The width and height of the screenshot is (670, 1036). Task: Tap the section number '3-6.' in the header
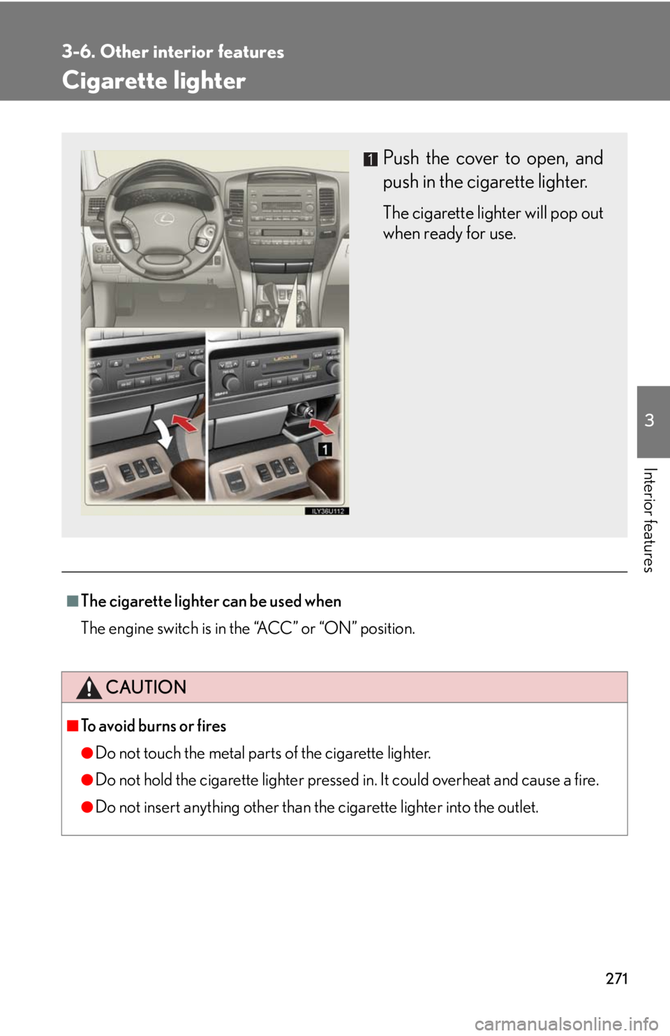[x=78, y=52]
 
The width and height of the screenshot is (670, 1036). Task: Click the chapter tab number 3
[x=649, y=420]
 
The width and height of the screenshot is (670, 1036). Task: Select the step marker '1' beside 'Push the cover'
[x=370, y=159]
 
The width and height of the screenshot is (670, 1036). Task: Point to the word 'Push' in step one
[x=401, y=158]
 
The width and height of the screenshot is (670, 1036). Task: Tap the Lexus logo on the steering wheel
[x=164, y=219]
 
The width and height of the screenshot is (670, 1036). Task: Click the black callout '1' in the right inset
[x=325, y=449]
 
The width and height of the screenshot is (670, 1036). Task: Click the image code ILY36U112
[x=327, y=511]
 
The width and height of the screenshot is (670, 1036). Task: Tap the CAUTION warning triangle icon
[x=89, y=688]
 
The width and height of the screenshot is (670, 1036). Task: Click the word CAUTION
[x=146, y=688]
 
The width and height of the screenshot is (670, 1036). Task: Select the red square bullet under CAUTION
[x=73, y=726]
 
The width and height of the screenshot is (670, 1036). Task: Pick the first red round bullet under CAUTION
[x=87, y=753]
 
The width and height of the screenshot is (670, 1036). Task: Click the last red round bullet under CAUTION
[x=87, y=807]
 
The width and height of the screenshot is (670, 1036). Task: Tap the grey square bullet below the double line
[x=73, y=601]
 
